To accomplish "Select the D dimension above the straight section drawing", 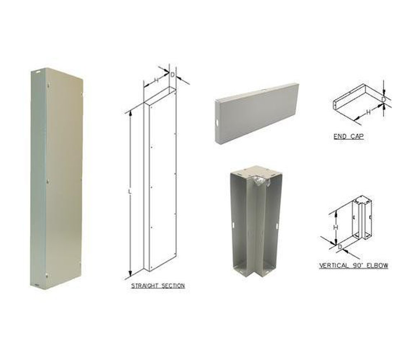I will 172,75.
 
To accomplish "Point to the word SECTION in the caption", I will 173,285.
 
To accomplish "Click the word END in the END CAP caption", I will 339,136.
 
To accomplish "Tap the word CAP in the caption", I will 357,136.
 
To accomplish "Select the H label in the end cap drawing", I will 368,111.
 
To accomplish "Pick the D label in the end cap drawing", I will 383,99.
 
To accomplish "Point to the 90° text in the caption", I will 356,266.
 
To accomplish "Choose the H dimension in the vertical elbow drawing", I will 335,227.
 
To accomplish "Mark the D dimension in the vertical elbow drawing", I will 340,246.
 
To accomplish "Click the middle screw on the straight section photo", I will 47,180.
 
